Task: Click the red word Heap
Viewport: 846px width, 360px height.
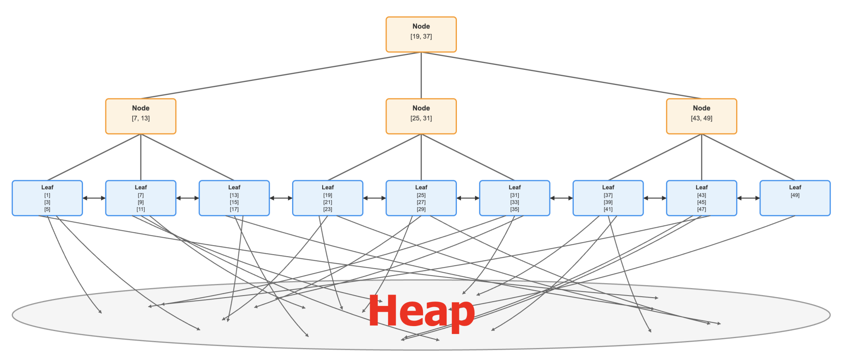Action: click(x=421, y=312)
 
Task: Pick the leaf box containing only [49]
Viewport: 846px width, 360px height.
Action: click(x=795, y=198)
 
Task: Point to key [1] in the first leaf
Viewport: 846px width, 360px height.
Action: click(x=47, y=195)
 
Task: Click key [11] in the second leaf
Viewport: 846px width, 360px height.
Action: click(x=140, y=209)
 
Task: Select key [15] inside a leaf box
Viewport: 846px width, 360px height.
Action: click(x=234, y=202)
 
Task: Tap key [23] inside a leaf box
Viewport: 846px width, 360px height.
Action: click(x=328, y=209)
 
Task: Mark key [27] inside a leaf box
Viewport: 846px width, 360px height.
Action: click(x=421, y=202)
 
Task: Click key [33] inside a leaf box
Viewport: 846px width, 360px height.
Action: click(x=515, y=202)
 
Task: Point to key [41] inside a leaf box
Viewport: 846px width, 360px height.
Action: click(x=608, y=209)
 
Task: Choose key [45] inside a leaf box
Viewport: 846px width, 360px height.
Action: click(x=701, y=202)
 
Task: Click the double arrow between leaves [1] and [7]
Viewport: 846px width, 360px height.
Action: click(x=94, y=198)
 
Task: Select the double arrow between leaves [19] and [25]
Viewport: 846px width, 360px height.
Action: click(x=374, y=198)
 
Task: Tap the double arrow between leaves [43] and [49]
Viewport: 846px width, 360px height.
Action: click(x=748, y=198)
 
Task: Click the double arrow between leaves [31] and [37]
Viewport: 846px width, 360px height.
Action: click(x=561, y=198)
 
